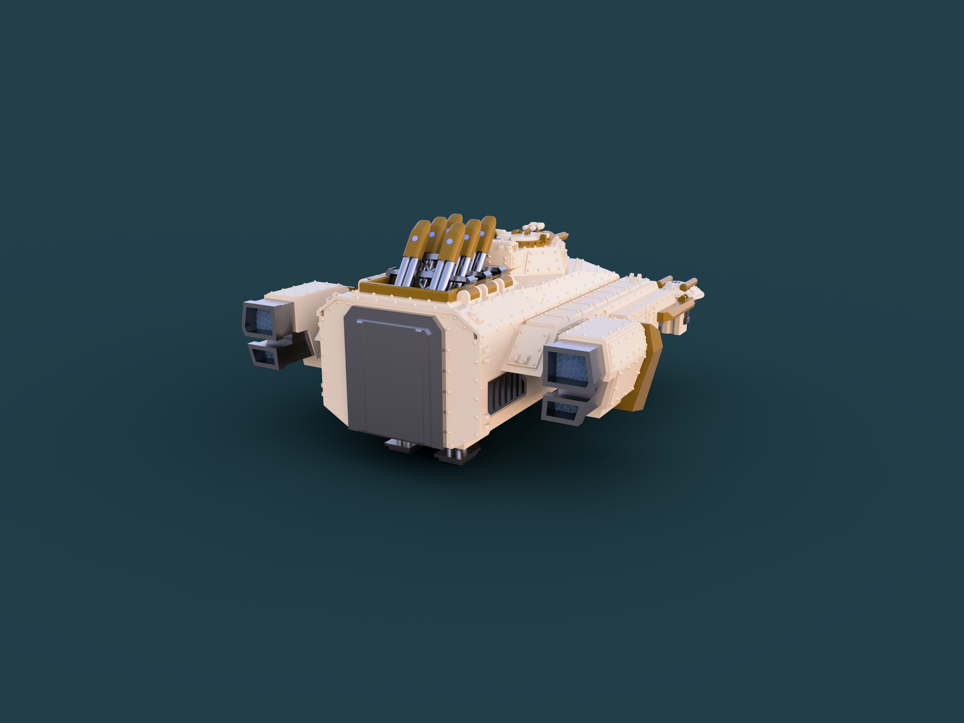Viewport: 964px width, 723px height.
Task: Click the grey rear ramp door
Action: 392,375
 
